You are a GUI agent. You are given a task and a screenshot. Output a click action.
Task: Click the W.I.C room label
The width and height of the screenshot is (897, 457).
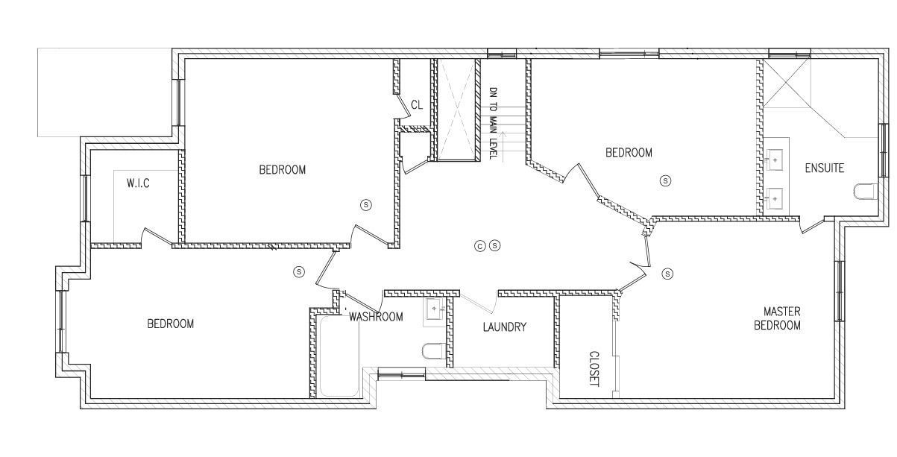coord(138,183)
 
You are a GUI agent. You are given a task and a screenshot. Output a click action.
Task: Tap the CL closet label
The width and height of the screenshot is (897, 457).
coord(417,105)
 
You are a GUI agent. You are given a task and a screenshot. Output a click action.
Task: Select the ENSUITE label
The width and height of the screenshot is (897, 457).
coord(825,168)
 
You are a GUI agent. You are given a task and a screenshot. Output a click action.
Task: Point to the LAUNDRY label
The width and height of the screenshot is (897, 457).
coord(505,327)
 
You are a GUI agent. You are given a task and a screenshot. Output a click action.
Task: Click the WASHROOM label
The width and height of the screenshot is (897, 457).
coord(376,317)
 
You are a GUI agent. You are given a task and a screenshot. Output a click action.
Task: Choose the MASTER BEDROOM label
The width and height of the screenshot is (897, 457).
coord(777,318)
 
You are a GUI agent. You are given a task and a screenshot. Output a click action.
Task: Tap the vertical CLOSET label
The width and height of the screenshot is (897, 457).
coord(594,369)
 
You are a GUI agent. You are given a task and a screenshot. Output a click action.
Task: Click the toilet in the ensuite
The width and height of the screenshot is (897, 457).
coord(866,191)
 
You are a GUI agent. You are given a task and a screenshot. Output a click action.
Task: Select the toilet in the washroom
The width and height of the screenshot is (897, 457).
coord(434,351)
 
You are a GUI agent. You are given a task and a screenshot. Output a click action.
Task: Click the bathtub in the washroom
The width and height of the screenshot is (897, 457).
coord(339,356)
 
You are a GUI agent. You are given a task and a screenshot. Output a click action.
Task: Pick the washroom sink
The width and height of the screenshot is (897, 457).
coord(434,309)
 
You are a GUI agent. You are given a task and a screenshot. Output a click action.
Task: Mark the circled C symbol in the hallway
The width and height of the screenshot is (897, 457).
coord(479,246)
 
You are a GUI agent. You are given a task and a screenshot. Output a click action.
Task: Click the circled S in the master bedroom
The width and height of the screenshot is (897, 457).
coord(667,274)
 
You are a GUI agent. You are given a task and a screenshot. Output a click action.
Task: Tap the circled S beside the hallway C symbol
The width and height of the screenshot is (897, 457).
coord(495,245)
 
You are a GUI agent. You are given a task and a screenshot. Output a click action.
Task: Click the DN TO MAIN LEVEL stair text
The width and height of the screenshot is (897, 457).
coord(494,123)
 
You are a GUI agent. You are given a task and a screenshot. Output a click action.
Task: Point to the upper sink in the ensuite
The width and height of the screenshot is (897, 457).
coord(774,160)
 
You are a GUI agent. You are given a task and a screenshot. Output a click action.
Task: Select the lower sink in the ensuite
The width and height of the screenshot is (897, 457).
coord(774,199)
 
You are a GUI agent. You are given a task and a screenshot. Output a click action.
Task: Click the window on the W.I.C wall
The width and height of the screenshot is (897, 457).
coord(85,198)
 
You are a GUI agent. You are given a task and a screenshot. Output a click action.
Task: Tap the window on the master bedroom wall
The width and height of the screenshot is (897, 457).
coord(840,291)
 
